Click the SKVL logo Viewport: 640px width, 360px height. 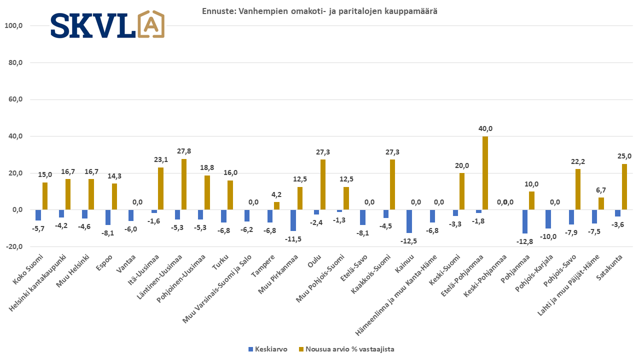(x=107, y=24)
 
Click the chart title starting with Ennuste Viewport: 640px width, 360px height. (x=319, y=11)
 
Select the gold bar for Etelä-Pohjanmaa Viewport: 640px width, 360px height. (x=485, y=173)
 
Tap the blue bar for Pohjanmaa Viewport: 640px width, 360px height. (x=525, y=221)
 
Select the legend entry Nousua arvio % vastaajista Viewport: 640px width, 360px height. (x=349, y=349)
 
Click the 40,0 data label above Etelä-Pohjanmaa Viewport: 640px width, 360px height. (x=485, y=128)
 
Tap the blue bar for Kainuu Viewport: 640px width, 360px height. (x=409, y=221)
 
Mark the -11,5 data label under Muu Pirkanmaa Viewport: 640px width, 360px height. (x=293, y=239)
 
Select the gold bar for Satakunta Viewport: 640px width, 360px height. (x=624, y=187)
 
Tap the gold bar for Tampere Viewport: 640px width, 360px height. (x=276, y=206)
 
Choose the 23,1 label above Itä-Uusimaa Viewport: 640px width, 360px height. (x=160, y=159)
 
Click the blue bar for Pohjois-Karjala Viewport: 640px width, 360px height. (x=548, y=219)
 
